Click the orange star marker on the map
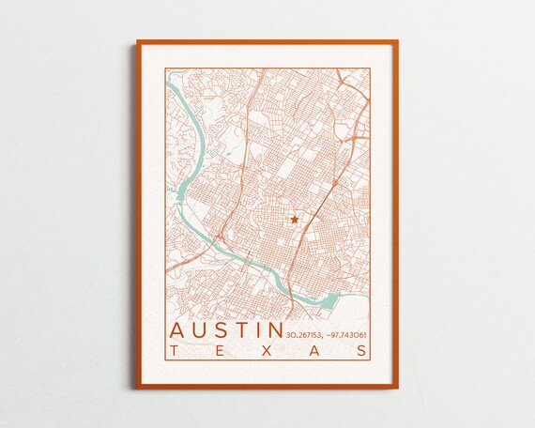click(294, 219)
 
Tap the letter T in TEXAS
click(174, 351)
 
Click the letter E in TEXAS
click(220, 351)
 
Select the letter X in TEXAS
click(267, 351)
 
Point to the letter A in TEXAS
click(315, 351)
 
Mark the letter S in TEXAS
click(362, 351)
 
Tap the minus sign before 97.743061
click(330, 335)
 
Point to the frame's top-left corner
click(138, 41)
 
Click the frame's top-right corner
click(397, 41)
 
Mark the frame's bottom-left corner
click(138, 387)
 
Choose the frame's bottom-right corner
click(397, 387)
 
